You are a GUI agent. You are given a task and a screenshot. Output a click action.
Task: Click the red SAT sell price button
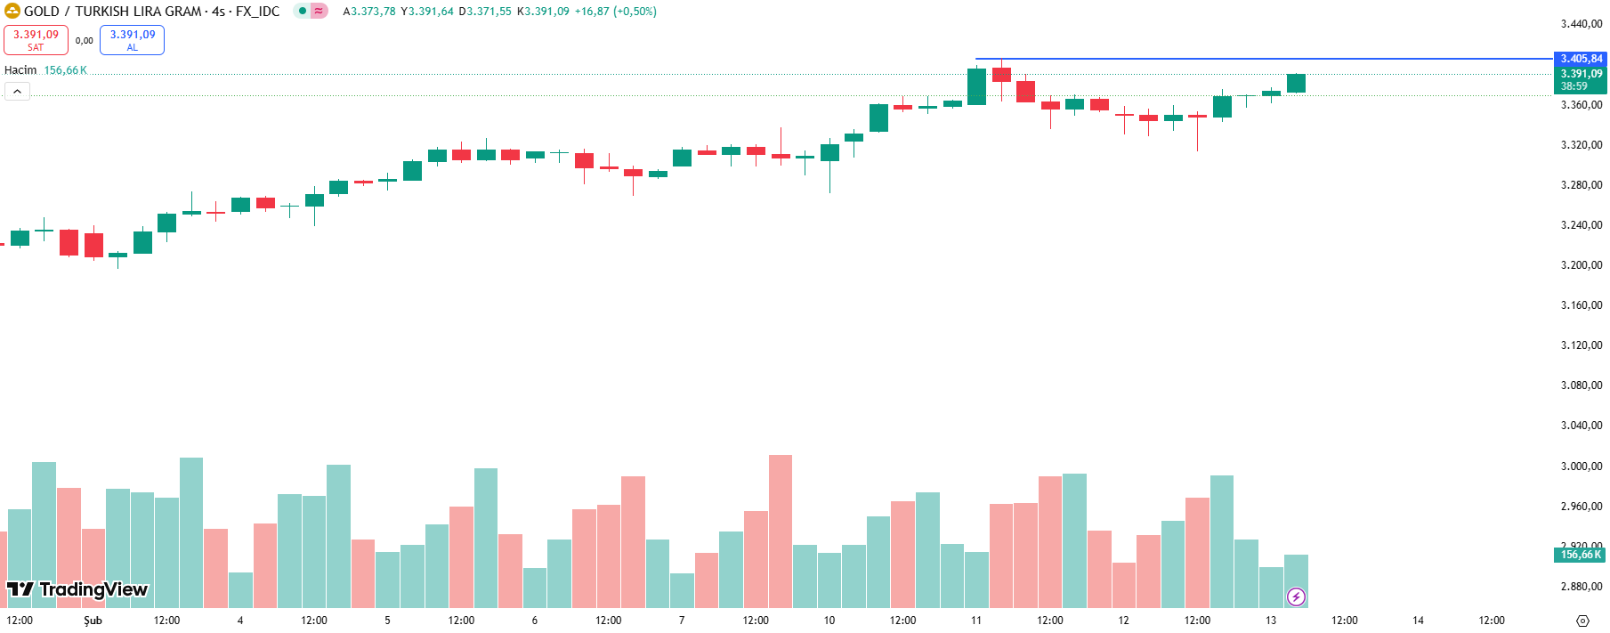click(x=36, y=40)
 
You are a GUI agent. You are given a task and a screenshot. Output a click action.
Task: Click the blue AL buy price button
click(x=132, y=40)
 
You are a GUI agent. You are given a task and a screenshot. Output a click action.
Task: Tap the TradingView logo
click(x=77, y=589)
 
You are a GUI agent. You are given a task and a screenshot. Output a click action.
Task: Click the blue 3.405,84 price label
click(x=1580, y=59)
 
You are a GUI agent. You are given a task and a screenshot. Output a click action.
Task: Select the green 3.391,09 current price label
click(x=1580, y=74)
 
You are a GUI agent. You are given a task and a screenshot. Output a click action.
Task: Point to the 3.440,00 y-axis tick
click(x=1582, y=24)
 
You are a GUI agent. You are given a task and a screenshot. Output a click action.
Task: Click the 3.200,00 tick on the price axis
click(x=1582, y=265)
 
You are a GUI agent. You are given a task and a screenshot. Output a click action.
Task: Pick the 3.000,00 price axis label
click(x=1582, y=467)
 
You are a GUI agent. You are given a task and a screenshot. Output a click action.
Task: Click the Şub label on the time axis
click(x=93, y=621)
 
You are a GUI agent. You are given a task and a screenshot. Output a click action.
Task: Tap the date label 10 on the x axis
click(x=829, y=621)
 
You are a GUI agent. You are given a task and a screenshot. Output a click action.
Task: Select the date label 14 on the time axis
click(x=1418, y=621)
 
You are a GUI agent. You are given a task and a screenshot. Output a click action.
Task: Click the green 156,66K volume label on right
click(x=1580, y=555)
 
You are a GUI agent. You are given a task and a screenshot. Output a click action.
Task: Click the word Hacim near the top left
click(x=20, y=70)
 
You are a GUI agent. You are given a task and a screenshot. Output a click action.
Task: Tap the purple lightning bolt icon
click(x=1296, y=596)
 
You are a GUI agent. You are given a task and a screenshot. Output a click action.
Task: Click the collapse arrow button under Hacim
click(x=17, y=91)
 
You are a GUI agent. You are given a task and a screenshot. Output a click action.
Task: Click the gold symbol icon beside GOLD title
click(x=12, y=12)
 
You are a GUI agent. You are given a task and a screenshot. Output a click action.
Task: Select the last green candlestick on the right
click(x=1296, y=83)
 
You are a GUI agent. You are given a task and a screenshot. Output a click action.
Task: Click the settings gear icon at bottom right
click(x=1582, y=621)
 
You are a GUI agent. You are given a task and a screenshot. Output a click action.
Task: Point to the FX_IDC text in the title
click(x=257, y=12)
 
